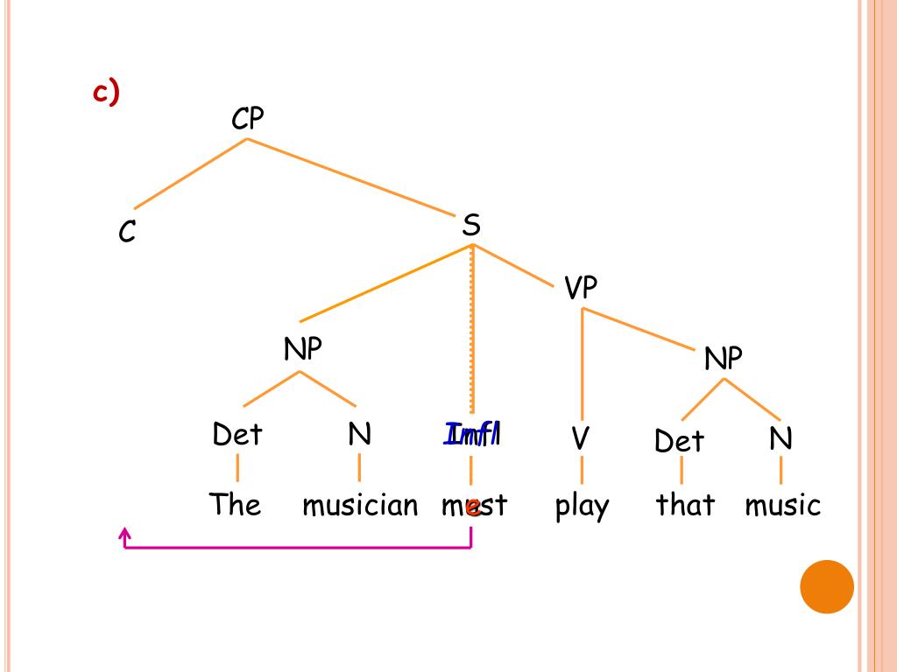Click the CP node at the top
click(247, 118)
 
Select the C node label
click(128, 232)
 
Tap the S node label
click(471, 226)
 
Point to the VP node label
click(580, 288)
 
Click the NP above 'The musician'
click(303, 350)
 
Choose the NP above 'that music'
click(724, 358)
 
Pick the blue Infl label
click(472, 434)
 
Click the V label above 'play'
click(580, 438)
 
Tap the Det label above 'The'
click(237, 434)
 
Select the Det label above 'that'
click(679, 441)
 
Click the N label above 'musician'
click(359, 434)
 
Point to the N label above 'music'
click(780, 438)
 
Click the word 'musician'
click(360, 505)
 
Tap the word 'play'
click(582, 507)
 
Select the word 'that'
click(685, 505)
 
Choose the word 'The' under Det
click(235, 505)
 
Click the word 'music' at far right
click(783, 505)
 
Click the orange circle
click(826, 586)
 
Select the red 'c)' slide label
click(106, 92)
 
